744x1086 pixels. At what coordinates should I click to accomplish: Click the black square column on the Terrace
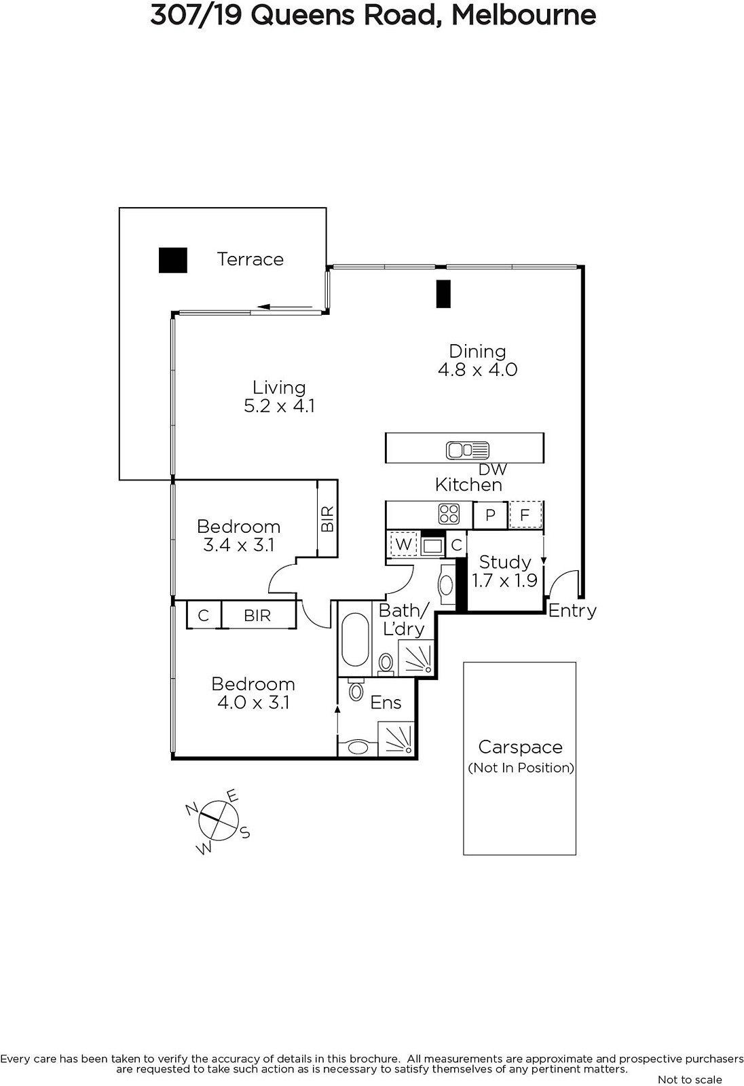pos(173,261)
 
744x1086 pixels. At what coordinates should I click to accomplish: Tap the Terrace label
pos(250,259)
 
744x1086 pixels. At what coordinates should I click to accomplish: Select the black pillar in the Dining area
pos(443,294)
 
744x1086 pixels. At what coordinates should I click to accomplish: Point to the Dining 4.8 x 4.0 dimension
pos(478,370)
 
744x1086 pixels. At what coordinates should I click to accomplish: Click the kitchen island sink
pos(468,451)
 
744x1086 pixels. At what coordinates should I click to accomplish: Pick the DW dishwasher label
pos(493,469)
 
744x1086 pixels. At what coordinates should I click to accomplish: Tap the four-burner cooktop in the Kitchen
pos(449,514)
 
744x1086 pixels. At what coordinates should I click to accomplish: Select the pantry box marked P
pos(490,515)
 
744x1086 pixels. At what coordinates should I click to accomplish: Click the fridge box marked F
pos(525,515)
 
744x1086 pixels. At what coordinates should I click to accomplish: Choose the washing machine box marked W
pos(403,544)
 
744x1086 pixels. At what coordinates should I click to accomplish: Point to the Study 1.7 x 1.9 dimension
pos(505,580)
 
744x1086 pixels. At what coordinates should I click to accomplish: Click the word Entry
pos(572,611)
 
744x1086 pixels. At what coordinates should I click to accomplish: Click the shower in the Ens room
pos(396,738)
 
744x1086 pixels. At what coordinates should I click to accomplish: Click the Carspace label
pos(521,747)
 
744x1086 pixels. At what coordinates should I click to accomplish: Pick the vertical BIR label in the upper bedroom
pos(327,519)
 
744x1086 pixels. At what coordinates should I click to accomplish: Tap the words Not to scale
pos(690,1079)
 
